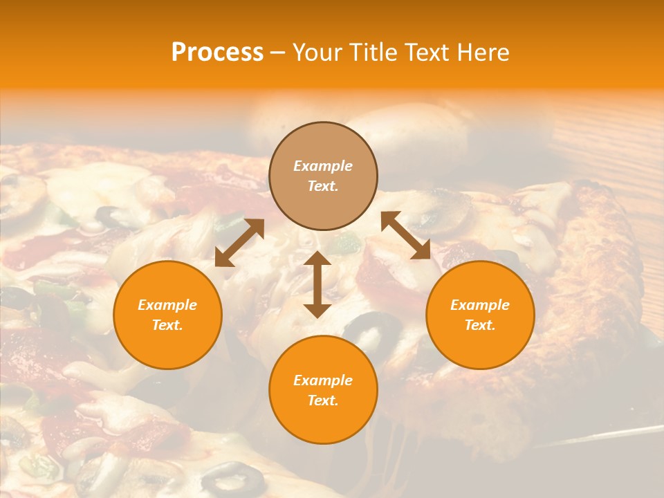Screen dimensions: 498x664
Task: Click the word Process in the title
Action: click(x=217, y=53)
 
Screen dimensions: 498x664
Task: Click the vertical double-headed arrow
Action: click(x=317, y=284)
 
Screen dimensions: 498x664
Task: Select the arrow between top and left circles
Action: click(x=239, y=243)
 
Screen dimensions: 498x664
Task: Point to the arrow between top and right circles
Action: click(x=405, y=235)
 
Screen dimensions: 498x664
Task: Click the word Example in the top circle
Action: click(x=323, y=166)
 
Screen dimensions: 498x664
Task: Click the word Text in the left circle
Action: click(x=167, y=325)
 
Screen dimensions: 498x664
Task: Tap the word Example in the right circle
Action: click(x=480, y=305)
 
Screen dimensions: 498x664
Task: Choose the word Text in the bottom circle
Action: click(x=323, y=400)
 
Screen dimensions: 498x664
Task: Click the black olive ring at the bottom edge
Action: click(x=233, y=478)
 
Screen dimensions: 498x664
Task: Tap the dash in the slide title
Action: click(x=278, y=53)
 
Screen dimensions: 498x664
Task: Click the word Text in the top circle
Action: click(x=323, y=186)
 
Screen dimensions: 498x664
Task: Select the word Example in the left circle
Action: click(x=167, y=305)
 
